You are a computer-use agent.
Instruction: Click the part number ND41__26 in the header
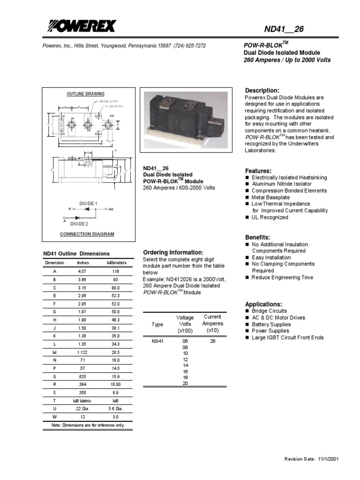coord(284,30)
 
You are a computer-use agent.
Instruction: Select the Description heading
coord(262,90)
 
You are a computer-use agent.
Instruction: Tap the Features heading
coord(258,171)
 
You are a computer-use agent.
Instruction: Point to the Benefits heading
coord(258,237)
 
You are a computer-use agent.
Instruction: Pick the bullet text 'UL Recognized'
coord(270,217)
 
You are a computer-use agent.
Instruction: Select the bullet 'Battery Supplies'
coord(271,324)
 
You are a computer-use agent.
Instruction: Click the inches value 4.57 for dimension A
coord(82,271)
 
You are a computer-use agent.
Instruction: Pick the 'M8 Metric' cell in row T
coord(82,400)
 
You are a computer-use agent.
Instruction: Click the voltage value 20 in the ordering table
coord(185,383)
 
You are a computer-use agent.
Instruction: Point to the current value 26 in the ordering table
coord(213,341)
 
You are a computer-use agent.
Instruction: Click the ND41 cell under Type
coord(157,341)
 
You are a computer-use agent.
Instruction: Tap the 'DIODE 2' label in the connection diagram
coord(79,224)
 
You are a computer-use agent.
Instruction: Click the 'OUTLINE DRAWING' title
coord(85,94)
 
